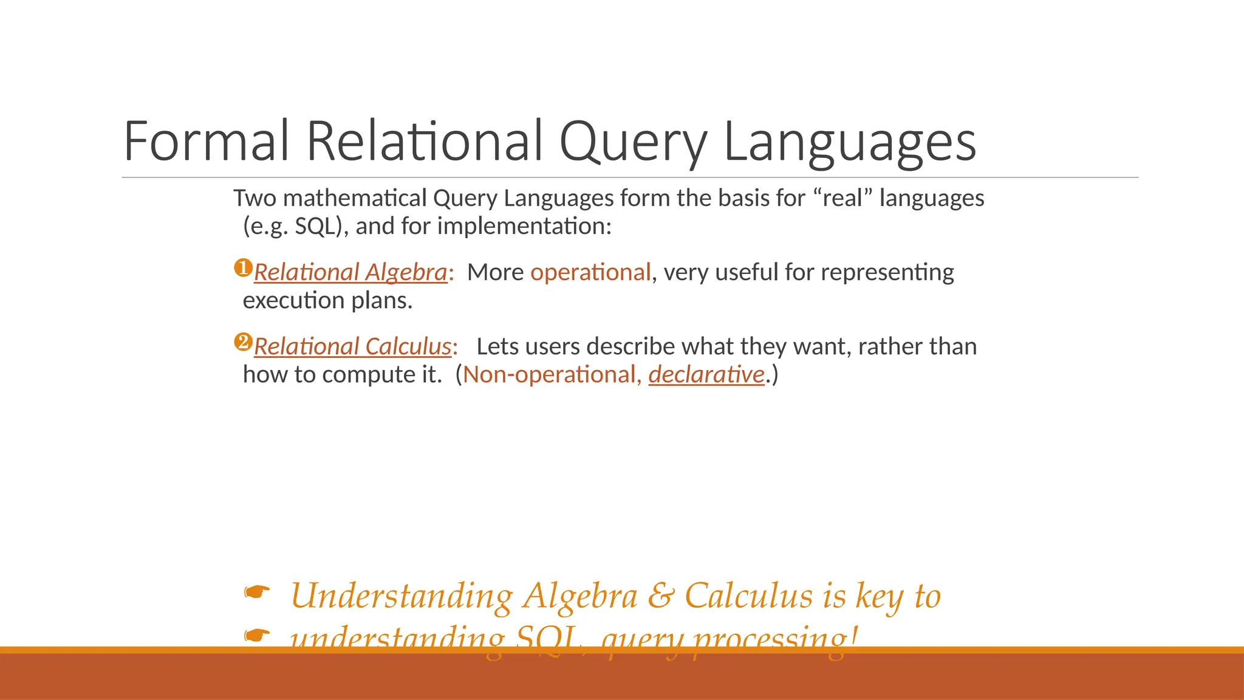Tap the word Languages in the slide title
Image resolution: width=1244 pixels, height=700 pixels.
(850, 141)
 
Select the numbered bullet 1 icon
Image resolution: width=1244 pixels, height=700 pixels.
(243, 268)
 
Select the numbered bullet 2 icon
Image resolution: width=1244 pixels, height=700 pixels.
(243, 342)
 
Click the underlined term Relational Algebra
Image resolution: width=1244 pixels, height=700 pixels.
(350, 272)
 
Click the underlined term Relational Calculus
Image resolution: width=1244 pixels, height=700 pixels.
(352, 346)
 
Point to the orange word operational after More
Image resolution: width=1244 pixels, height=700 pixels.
(590, 272)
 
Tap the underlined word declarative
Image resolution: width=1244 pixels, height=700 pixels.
(706, 374)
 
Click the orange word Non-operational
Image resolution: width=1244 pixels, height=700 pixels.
(549, 374)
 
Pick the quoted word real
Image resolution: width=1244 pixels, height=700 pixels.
(842, 198)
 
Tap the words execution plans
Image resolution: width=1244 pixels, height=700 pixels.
(327, 300)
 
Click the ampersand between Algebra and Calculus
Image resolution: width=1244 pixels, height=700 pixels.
(661, 595)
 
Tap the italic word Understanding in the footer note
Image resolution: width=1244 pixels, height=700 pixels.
(402, 595)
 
